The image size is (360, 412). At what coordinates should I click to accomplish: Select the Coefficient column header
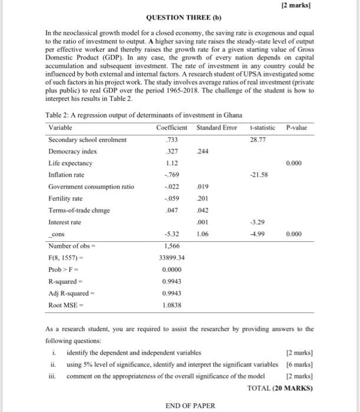pos(172,128)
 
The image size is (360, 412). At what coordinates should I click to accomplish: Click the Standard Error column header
pos(217,128)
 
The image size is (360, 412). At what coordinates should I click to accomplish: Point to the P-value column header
pos(296,128)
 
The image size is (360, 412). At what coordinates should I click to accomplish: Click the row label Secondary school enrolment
pos(88,139)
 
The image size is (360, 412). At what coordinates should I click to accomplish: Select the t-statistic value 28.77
pos(259,139)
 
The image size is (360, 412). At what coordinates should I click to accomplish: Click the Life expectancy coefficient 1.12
pos(172,163)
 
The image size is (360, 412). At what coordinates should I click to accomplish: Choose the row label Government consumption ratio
pos(91,187)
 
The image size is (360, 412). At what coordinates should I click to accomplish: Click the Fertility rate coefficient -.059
pos(171,198)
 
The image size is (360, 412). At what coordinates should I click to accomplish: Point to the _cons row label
pos(57,234)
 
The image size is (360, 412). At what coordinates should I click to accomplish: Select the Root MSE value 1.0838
pos(172,304)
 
